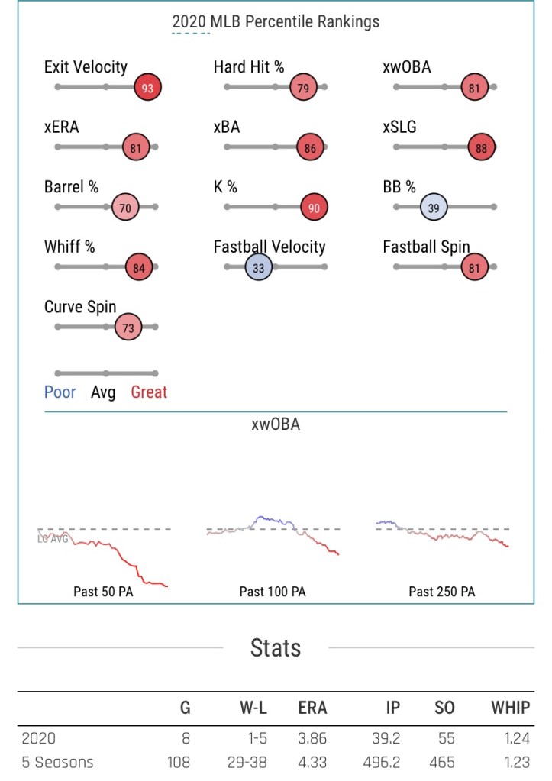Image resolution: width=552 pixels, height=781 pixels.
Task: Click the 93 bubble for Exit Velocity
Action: tap(147, 88)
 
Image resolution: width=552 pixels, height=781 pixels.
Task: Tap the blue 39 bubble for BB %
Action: tap(434, 206)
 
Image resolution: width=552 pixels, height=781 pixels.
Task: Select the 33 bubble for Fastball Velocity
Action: tap(259, 267)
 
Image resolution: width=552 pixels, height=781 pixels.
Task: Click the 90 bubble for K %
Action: tap(314, 206)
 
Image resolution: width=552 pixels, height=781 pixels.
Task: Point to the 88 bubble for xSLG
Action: tap(482, 148)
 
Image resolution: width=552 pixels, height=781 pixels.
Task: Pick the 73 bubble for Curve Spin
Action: tap(128, 327)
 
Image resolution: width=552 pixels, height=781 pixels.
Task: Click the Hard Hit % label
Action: tap(249, 67)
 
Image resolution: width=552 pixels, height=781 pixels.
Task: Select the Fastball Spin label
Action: tap(426, 247)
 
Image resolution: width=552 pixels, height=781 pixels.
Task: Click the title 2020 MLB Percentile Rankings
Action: tap(276, 21)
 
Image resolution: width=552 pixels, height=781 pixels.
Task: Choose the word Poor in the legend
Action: tap(60, 392)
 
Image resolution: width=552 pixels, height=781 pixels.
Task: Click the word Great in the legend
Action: tap(149, 392)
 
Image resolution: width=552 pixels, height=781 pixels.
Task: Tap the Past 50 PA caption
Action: tap(103, 592)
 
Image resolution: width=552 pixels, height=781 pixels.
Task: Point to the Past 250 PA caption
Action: tap(441, 592)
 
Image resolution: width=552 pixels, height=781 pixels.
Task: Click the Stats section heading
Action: tap(276, 648)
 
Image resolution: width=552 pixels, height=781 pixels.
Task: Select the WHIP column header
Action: tap(511, 708)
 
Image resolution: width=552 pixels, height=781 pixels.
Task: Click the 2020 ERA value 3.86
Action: tap(312, 739)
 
